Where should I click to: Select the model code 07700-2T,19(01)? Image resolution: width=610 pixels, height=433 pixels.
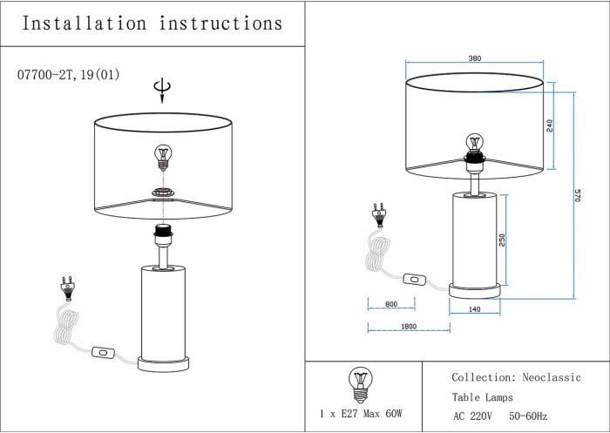click(68, 75)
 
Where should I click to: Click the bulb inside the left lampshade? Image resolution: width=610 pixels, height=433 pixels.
click(162, 156)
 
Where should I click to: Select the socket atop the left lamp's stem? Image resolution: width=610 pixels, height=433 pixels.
click(161, 233)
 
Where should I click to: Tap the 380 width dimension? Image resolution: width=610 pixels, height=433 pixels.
click(474, 59)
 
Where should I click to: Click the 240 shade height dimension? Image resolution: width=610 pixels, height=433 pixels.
click(549, 125)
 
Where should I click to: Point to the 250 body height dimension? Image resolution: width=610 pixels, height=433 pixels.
click(502, 240)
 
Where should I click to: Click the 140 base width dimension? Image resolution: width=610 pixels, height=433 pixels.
click(475, 309)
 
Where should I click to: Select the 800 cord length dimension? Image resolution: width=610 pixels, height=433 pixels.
click(390, 304)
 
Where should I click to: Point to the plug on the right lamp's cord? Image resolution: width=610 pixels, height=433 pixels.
click(378, 213)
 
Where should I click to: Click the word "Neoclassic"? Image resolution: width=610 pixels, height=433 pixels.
click(552, 377)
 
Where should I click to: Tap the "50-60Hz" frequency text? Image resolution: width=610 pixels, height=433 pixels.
click(528, 416)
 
